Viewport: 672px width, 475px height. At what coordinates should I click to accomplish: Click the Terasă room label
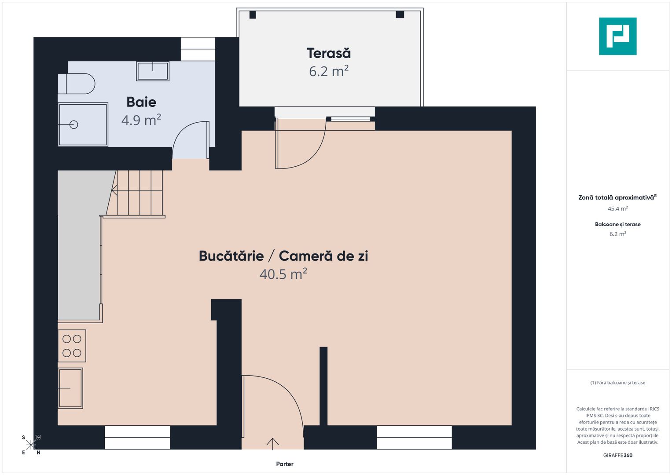pos(328,53)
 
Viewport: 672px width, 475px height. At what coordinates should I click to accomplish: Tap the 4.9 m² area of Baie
pos(141,120)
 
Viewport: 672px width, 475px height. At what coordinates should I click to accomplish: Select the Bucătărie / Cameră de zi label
pos(283,256)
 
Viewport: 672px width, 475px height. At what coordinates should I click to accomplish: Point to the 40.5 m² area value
pos(283,274)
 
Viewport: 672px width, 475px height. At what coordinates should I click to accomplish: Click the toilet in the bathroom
pos(77,84)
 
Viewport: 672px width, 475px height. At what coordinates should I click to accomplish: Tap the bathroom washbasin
pos(153,71)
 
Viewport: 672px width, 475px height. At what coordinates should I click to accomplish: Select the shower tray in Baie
pos(83,124)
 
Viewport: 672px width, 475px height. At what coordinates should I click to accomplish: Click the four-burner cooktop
pos(72,346)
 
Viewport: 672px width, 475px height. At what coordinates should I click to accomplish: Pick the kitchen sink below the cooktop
pos(70,388)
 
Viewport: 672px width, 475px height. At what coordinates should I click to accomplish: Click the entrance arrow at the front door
pos(272,444)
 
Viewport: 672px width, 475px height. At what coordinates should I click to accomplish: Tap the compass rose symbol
pos(31,445)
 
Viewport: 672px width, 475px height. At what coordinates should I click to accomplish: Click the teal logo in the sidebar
pos(618,36)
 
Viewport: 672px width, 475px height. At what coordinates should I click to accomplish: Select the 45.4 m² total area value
pos(618,208)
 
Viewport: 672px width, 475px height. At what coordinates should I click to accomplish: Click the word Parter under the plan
pos(285,464)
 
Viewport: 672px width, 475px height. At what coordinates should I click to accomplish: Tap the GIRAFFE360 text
pos(618,455)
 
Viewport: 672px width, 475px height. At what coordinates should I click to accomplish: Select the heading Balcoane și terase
pos(618,224)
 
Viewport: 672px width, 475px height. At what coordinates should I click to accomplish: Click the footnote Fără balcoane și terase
pos(618,383)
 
